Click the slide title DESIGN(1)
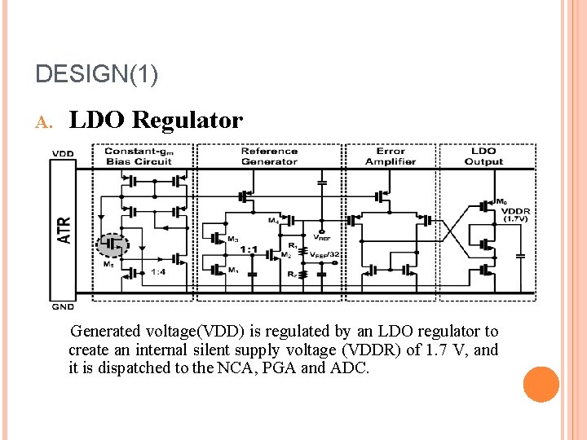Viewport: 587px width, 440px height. pos(97,74)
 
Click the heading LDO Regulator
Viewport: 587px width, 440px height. pos(156,121)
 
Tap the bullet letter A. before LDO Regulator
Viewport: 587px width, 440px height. pos(45,122)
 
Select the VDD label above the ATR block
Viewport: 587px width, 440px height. pos(62,154)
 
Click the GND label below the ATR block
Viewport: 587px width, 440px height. pos(63,306)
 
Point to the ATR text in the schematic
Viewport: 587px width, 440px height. pos(64,229)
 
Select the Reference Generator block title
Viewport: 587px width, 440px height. pos(269,156)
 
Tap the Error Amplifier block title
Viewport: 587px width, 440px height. pos(391,156)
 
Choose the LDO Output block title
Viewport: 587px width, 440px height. pos(483,156)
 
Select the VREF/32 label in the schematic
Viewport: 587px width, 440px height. pos(324,255)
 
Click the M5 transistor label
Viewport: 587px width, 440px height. pos(108,264)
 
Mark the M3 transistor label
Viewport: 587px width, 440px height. pos(233,239)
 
